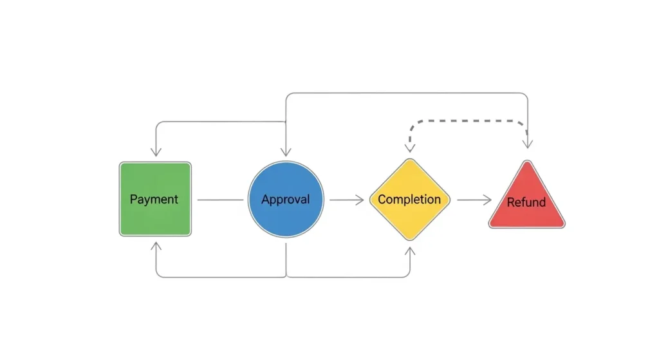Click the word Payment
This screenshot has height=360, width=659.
pos(154,199)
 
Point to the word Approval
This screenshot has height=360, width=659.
pos(285,199)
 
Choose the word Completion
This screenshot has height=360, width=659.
pos(409,199)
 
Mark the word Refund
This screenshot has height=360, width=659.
pos(526,202)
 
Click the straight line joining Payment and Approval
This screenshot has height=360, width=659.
pos(220,200)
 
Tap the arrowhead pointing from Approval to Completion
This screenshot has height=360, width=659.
pos(359,200)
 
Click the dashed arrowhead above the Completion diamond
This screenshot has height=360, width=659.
pos(410,147)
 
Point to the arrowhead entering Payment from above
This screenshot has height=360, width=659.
pos(155,151)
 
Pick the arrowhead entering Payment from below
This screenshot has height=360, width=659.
pos(155,247)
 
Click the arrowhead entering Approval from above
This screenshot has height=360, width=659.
pos(286,151)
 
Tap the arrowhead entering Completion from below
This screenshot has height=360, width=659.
pos(410,250)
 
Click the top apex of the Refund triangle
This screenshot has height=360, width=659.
pos(527,162)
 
